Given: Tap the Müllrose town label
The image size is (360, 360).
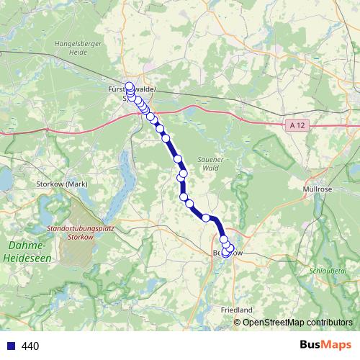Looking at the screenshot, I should point(315,189).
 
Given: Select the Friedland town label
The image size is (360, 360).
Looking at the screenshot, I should point(235,309).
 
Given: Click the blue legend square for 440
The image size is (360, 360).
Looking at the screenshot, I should point(9,346).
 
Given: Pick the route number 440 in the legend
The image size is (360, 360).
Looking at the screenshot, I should point(30,346).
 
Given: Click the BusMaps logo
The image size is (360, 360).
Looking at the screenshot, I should point(325,345).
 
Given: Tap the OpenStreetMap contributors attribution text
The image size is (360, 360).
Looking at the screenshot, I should point(298,323).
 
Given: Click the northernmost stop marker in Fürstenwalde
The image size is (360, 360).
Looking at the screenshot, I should point(129,86).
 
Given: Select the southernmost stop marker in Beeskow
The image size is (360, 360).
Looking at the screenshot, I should point(226,253).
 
